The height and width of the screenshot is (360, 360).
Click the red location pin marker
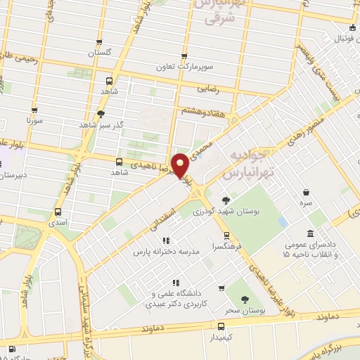[180, 165]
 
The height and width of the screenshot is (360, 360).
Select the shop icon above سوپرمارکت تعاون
[185, 56]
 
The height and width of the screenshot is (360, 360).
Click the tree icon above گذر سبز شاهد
[101, 112]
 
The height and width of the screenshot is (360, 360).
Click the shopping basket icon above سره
[307, 192]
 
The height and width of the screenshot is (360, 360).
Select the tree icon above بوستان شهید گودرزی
[225, 200]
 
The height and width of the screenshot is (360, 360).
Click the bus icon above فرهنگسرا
[226, 236]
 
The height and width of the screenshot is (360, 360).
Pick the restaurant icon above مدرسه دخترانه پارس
[166, 240]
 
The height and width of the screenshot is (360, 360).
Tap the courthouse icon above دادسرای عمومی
[310, 233]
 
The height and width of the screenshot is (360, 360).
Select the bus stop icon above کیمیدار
[221, 326]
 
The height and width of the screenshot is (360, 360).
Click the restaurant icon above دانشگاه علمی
[175, 283]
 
